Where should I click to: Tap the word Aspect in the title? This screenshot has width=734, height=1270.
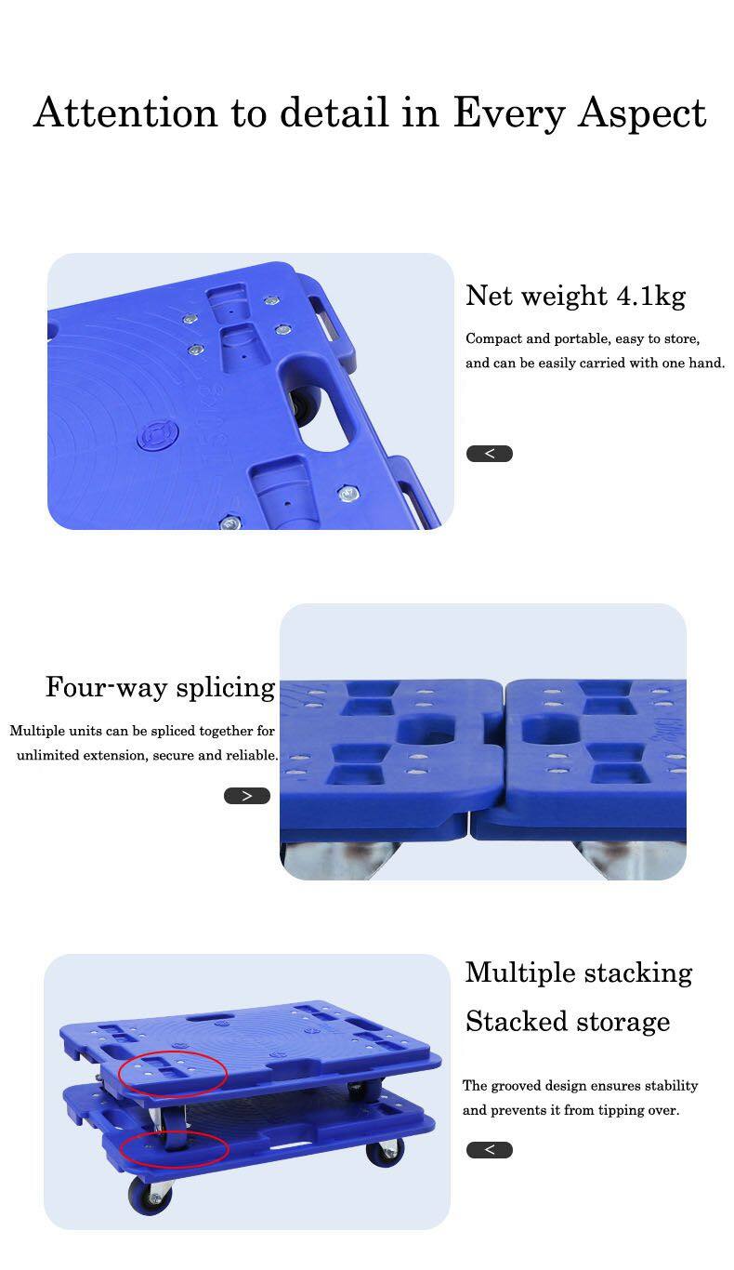pos(642,112)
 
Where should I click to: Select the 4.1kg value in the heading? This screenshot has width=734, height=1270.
pos(650,296)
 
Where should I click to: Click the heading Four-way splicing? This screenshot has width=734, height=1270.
pos(160,687)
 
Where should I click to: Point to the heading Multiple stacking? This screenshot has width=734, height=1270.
pos(578,972)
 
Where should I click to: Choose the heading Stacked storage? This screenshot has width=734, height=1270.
pos(567,1021)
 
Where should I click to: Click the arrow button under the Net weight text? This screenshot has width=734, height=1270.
pos(489,454)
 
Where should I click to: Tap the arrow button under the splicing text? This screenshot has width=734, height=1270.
pos(247,796)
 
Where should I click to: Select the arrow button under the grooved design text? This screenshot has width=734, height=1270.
pos(489,1150)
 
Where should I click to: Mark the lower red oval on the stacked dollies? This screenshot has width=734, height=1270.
pos(174,1148)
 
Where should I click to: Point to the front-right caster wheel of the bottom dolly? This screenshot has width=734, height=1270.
pos(385,1152)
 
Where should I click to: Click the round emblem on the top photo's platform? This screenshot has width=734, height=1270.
pos(155,435)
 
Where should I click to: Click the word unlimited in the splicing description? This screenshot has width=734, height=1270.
pos(46,755)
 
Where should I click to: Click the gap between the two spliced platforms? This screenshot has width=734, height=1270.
pos(504,744)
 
